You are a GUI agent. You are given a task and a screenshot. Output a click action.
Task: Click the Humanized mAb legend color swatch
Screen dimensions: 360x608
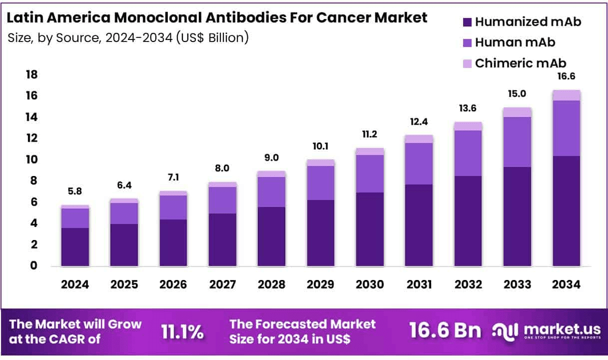pos(468,22)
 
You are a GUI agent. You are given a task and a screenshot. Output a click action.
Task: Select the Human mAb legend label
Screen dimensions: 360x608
pos(515,42)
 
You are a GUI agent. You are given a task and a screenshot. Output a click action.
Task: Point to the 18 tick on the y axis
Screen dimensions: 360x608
pos(31,75)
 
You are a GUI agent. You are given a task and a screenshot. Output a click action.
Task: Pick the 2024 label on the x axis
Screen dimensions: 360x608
pos(75,284)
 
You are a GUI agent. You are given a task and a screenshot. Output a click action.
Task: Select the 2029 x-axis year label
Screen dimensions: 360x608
pos(321,284)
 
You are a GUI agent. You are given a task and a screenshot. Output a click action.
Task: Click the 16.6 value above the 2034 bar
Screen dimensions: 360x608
pos(567,76)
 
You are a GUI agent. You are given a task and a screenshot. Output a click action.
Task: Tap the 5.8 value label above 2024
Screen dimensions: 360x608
pos(75,191)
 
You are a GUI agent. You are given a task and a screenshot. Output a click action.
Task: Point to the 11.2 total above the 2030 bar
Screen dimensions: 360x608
pos(370,134)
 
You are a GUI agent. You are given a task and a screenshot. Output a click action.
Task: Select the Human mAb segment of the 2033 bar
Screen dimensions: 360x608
pos(517,141)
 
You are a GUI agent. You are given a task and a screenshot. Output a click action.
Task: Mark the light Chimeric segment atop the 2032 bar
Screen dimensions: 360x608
pos(468,126)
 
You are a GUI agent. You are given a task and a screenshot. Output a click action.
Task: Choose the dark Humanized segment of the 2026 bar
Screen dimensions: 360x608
pos(173,242)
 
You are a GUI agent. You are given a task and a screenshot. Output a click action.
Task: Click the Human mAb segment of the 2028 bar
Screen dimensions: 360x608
pos(272,191)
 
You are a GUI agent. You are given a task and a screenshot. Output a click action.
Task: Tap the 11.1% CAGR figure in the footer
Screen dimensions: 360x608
pos(182,331)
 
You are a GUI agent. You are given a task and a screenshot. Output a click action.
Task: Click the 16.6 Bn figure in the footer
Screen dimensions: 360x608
pos(445,330)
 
